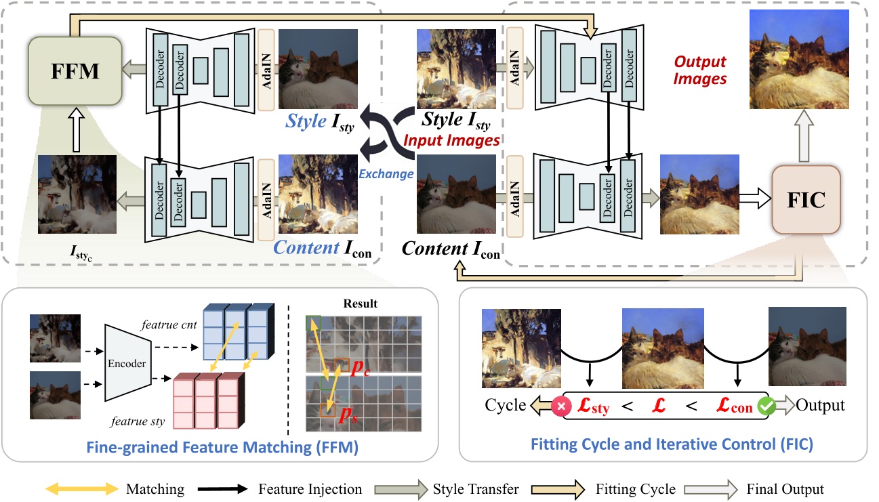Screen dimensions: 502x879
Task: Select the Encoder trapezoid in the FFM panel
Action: pyautogui.click(x=127, y=363)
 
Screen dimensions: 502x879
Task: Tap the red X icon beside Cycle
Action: pyautogui.click(x=562, y=406)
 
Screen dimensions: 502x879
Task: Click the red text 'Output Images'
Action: pyautogui.click(x=699, y=70)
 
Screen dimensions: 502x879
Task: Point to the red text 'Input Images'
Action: pyautogui.click(x=451, y=140)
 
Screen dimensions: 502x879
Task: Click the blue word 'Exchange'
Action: pyautogui.click(x=386, y=173)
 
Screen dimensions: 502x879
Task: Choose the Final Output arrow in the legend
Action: pyautogui.click(x=707, y=489)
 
